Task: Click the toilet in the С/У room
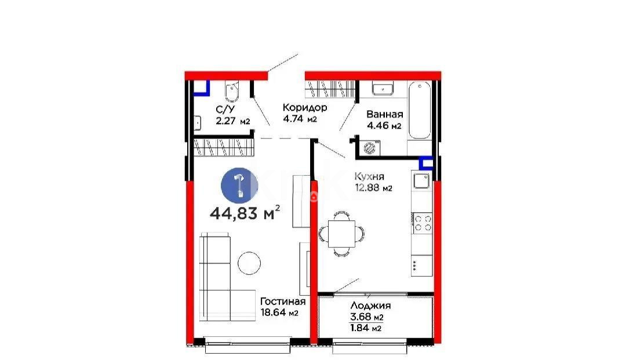pos(231,92)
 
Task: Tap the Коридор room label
pos(305,107)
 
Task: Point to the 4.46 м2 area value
pos(384,125)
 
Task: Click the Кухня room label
pos(369,176)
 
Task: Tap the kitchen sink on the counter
pos(421,181)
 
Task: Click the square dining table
pos(341,234)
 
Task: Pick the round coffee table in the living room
pos(249,263)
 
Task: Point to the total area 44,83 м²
pos(245,213)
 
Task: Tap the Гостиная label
pos(283,301)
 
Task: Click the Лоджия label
pos(370,306)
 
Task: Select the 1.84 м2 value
pos(366,329)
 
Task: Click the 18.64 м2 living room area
pos(279,312)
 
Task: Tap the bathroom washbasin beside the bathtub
pos(383,88)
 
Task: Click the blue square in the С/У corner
pos(202,88)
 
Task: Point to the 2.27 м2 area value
pos(233,121)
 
